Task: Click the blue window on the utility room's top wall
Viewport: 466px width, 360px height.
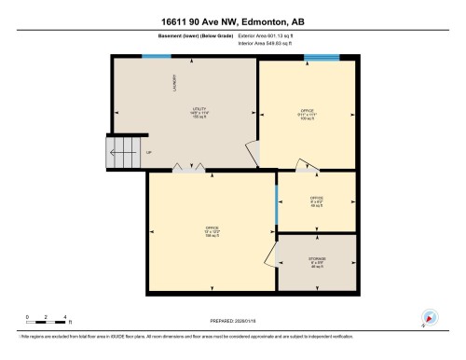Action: (156, 57)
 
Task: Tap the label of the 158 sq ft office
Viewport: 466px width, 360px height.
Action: (212, 231)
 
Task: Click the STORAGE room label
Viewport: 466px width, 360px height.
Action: (317, 261)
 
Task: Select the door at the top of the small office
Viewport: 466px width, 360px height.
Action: (307, 166)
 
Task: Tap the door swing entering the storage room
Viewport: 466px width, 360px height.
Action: (271, 249)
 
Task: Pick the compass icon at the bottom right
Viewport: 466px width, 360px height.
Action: (429, 318)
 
